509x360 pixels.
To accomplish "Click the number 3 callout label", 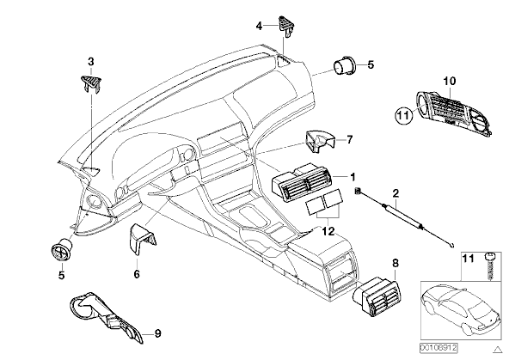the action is point(91,61).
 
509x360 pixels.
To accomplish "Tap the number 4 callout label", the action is point(259,26).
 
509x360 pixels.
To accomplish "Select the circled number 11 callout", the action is point(403,115).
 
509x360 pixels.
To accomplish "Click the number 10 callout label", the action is point(450,81).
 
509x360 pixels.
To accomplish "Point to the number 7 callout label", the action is point(349,140).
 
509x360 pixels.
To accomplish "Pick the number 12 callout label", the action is point(328,232).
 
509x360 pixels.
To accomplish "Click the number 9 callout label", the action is point(157,333).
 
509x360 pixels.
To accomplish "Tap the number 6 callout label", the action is point(137,274).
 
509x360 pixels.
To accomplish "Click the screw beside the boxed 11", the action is point(490,266).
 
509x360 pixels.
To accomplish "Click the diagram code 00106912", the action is point(438,348).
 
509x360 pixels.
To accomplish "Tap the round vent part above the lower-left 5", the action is point(61,249).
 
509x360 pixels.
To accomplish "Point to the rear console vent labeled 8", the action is point(377,296).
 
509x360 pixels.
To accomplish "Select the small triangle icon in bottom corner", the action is point(497,350).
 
